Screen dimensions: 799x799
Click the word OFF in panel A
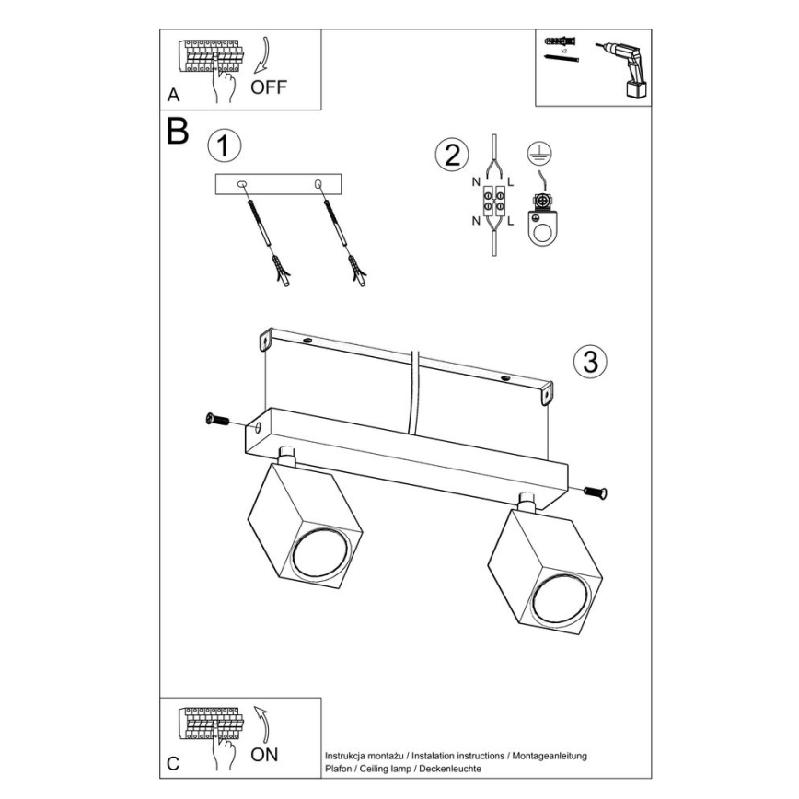pos(269,87)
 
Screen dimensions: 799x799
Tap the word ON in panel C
pos(264,755)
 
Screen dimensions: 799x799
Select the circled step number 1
pos(225,146)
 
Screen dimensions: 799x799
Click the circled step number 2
pos(452,155)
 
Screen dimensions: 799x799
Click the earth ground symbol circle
pos(539,153)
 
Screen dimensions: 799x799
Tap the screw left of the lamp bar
pos(217,420)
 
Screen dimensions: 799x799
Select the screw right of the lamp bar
pos(596,492)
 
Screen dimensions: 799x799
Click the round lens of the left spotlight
pos(320,554)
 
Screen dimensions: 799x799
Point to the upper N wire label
pos(476,182)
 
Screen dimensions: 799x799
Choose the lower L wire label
pos(510,221)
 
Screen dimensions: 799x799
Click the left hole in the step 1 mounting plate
pos(241,183)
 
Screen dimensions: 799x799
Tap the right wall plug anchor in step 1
pos(357,270)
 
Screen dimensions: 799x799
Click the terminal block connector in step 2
pos(494,201)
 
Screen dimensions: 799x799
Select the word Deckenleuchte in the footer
pos(450,769)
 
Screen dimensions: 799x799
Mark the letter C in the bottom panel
pos(173,764)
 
